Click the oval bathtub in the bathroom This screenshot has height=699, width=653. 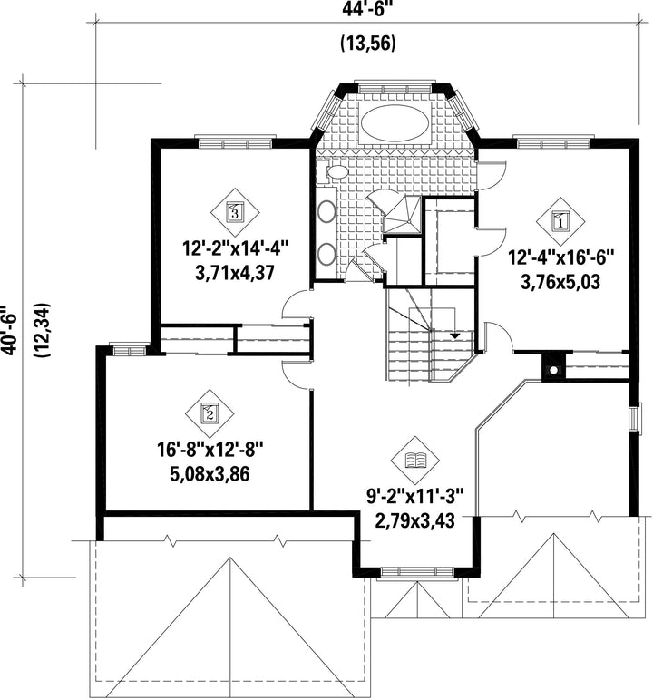tap(395, 123)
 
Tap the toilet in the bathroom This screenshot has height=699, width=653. tap(333, 172)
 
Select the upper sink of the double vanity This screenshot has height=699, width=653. tap(326, 212)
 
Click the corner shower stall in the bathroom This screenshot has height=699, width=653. tap(403, 214)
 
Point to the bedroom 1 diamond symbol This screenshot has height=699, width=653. tap(560, 221)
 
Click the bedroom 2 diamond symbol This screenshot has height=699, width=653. tap(210, 413)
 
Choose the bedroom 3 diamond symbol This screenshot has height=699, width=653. tap(235, 212)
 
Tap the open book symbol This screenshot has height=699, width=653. tap(414, 461)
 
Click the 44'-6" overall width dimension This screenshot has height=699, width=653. tap(369, 10)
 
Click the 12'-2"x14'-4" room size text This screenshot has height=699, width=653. tap(236, 248)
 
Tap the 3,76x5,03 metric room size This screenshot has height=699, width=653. tap(560, 282)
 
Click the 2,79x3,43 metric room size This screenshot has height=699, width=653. tap(415, 520)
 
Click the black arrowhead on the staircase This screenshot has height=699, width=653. tap(455, 335)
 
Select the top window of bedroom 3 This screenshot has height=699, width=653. tap(235, 143)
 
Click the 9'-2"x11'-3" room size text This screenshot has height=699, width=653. tap(414, 497)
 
